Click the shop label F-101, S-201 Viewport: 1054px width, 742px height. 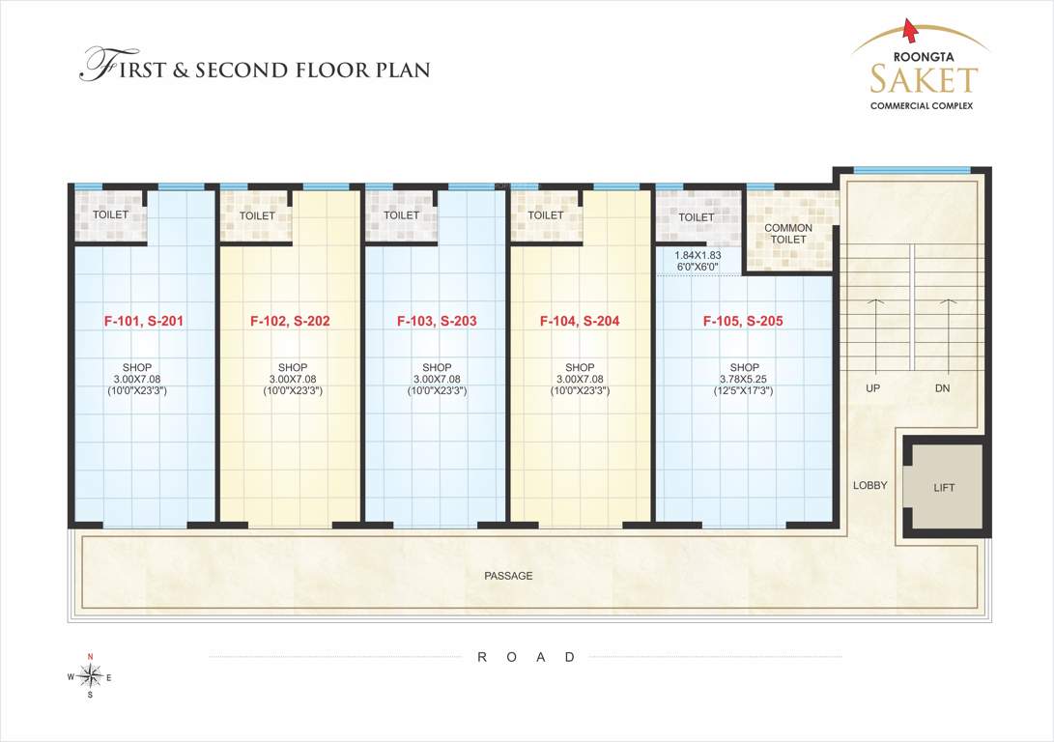point(144,321)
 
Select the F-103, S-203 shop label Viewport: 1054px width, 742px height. point(437,321)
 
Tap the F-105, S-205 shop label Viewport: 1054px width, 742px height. point(743,321)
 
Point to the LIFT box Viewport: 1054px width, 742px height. point(944,487)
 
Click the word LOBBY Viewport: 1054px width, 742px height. point(869,485)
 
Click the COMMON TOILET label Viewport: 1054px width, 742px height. point(787,234)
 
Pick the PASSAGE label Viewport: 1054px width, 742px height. point(508,576)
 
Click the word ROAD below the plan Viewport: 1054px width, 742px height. point(527,657)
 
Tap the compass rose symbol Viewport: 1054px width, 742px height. point(90,676)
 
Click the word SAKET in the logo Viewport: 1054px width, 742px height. point(923,78)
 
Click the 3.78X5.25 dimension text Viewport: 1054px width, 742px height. point(744,380)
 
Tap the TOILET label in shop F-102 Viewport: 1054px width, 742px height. point(257,216)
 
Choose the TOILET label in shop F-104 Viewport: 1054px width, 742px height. point(546,215)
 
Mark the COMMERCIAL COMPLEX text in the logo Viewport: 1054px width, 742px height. point(922,104)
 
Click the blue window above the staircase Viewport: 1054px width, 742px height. point(912,171)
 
